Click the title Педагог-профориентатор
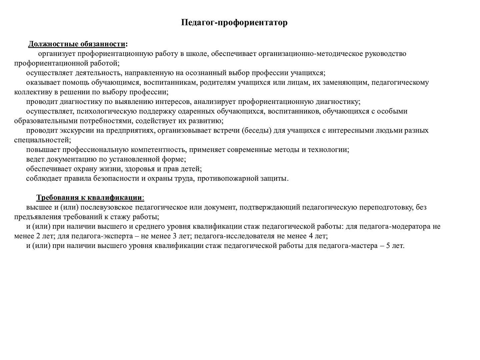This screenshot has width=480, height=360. (234, 23)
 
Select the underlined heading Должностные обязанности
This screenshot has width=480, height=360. (77, 44)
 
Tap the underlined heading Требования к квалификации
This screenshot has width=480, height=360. (89, 197)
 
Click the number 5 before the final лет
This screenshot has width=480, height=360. (388, 246)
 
